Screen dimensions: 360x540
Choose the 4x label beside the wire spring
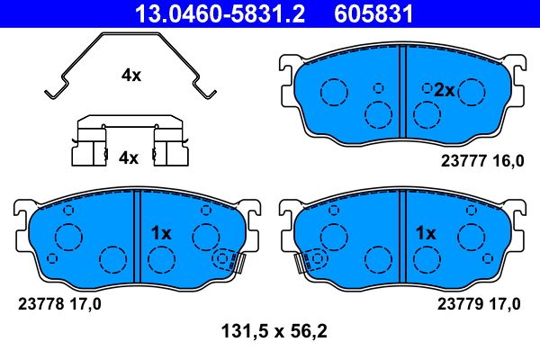[131, 76]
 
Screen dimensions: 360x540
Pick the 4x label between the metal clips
[129, 157]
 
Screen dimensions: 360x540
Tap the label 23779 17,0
[479, 304]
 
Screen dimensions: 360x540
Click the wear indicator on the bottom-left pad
[232, 261]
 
